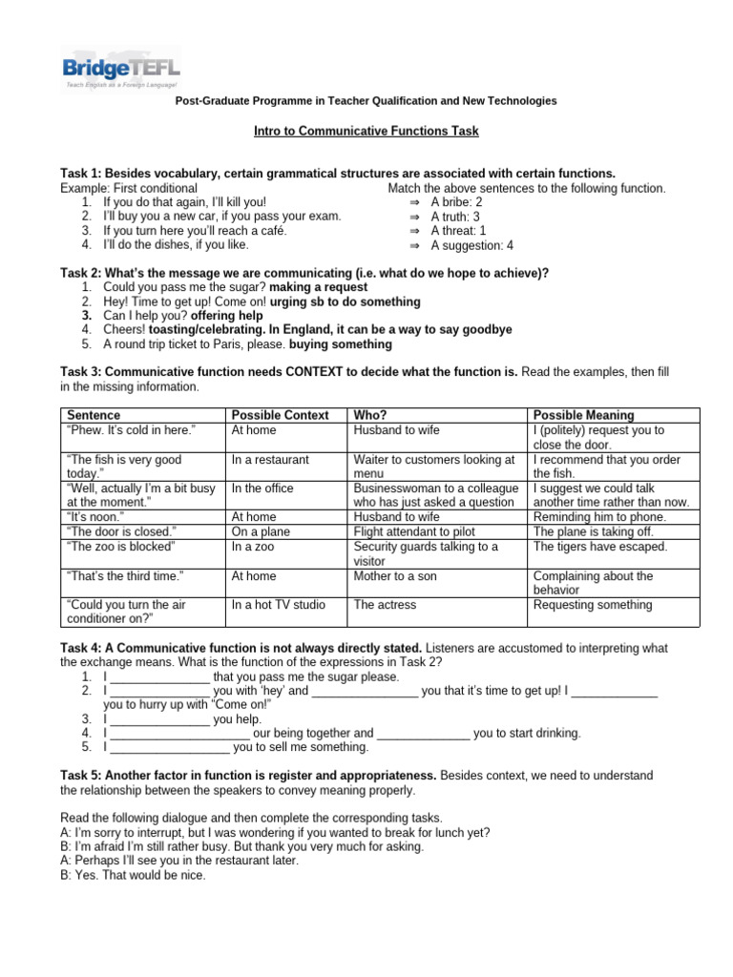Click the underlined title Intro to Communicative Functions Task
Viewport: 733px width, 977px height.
point(366,131)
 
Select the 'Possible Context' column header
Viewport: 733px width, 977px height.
point(280,415)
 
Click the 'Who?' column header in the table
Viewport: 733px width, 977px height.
point(370,415)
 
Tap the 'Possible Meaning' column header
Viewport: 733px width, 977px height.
point(584,415)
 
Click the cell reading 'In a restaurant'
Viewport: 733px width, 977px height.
point(270,460)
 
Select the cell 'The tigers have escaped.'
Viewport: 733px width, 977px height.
point(600,547)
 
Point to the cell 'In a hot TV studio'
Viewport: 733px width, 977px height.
point(278,605)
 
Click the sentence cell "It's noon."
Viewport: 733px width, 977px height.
point(95,517)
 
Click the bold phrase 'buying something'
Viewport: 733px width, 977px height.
point(340,344)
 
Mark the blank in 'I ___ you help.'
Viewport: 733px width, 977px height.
point(159,719)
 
